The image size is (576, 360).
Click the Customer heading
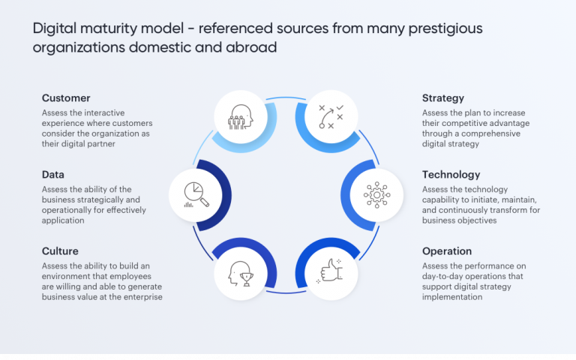coord(66,98)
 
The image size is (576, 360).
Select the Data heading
coord(52,175)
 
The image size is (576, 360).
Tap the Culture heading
coord(60,251)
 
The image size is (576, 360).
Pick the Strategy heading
coord(443,98)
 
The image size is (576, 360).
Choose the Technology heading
coord(451,175)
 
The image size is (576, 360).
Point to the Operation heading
coord(447,251)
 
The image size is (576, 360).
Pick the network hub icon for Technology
coord(376,194)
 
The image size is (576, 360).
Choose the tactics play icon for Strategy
coord(331,117)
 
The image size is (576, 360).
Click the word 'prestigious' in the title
coord(442,29)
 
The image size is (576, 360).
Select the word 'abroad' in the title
coord(254,47)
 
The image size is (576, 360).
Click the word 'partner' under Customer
coord(100,144)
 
